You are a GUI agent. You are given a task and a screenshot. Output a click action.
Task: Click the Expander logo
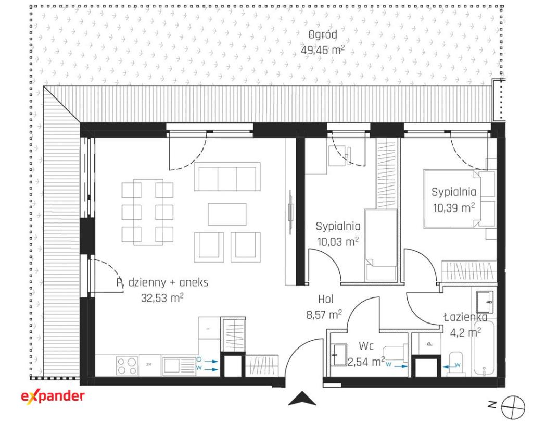tap(53, 396)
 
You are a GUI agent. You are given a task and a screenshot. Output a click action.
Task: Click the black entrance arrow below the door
tap(302, 399)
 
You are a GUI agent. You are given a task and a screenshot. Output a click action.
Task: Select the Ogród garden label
tap(323, 35)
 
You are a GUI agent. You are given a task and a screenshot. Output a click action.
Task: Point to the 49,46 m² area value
tap(323, 50)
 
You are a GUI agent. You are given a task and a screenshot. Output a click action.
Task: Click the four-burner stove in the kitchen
tap(127, 366)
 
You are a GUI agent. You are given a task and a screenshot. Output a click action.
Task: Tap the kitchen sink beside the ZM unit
tap(179, 366)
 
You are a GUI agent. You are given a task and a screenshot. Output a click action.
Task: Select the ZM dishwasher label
tap(149, 365)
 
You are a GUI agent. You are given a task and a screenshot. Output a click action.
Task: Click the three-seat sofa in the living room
tap(227, 177)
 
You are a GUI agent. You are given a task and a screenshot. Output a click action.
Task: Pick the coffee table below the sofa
tap(227, 214)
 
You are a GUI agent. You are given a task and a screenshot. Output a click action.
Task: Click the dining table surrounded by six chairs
tap(148, 212)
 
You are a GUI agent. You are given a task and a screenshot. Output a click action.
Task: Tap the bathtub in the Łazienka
tap(485, 347)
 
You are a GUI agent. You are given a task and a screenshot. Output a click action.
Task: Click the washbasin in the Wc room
tap(339, 355)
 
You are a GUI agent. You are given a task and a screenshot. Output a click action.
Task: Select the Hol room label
tap(325, 300)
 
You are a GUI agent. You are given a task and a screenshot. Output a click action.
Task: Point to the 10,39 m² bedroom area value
tap(454, 207)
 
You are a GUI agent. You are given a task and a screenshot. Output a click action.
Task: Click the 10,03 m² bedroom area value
tap(338, 241)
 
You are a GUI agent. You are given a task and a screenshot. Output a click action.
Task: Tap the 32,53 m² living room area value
tap(162, 298)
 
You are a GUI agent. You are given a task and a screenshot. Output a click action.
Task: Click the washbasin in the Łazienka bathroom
tap(485, 302)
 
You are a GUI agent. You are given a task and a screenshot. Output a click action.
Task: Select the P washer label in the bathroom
tap(429, 344)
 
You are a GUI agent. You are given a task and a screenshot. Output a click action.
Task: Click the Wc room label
tap(366, 346)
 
